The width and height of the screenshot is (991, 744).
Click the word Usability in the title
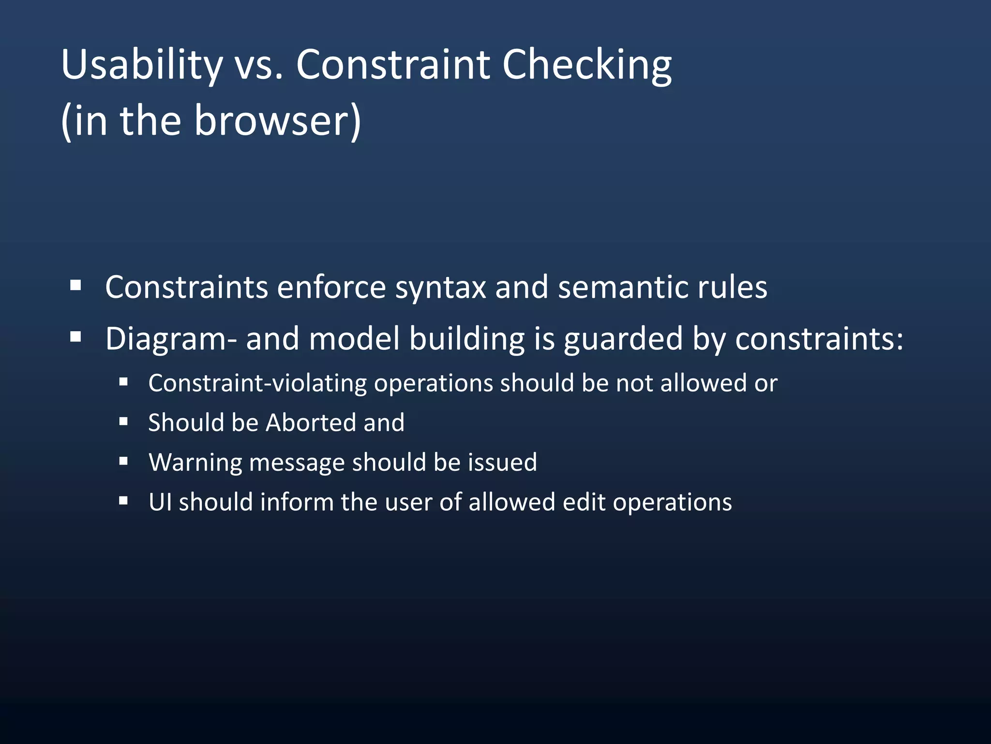tap(141, 65)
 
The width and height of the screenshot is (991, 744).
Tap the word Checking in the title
tap(586, 65)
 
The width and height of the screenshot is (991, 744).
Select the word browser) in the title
tap(277, 121)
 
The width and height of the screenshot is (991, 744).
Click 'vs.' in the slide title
tap(258, 65)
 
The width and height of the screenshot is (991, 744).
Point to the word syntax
tap(440, 288)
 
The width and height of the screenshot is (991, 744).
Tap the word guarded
tap(623, 339)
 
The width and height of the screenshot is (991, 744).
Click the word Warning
tap(195, 463)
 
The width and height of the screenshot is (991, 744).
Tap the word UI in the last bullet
tap(160, 502)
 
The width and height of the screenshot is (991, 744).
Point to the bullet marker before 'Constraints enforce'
tap(75, 285)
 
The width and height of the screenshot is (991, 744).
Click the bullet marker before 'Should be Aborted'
tap(123, 422)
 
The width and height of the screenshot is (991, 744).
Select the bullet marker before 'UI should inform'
tap(123, 501)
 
